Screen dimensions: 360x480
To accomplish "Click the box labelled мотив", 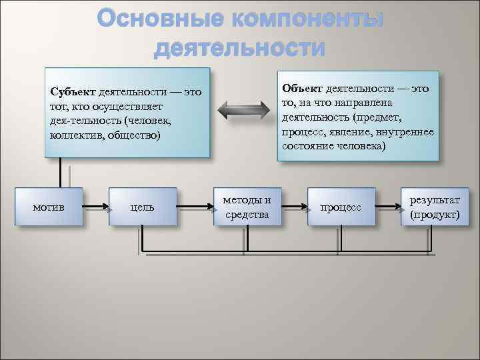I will coord(49,207).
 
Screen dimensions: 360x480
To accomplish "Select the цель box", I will coord(143,207).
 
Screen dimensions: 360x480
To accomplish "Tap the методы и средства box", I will coord(246,207).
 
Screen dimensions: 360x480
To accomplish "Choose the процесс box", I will coord(341,207).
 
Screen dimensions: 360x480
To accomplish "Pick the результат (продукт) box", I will coord(435,207).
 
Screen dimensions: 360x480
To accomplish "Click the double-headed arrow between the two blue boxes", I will coord(243,110).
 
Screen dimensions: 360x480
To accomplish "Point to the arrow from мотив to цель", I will coord(96,207).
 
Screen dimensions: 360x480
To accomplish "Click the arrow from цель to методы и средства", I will coord(195,207).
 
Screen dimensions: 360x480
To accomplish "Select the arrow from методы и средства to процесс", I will coord(293,207).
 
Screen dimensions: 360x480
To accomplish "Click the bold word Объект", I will coord(302,89).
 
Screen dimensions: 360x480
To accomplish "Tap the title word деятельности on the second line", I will coord(239,49).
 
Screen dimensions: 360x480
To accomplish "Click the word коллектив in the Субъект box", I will coord(74,135).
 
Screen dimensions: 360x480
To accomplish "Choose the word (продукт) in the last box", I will coord(435,215).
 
